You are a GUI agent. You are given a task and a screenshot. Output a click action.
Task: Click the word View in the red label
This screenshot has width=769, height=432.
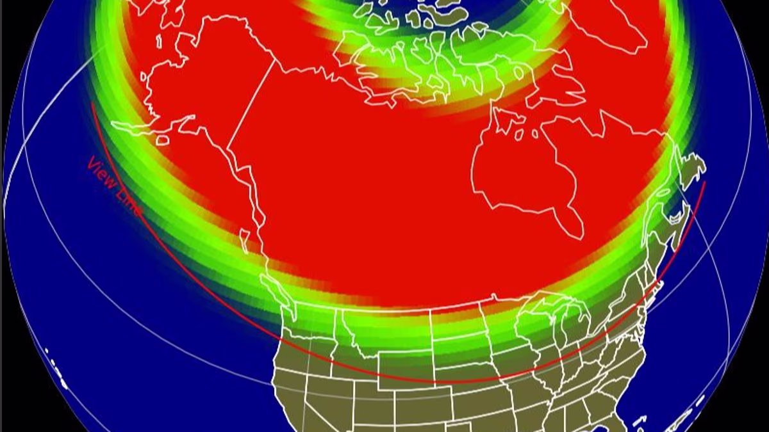pos(101,172)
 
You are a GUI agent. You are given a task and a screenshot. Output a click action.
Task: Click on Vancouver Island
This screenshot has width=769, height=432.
pos(247,241)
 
